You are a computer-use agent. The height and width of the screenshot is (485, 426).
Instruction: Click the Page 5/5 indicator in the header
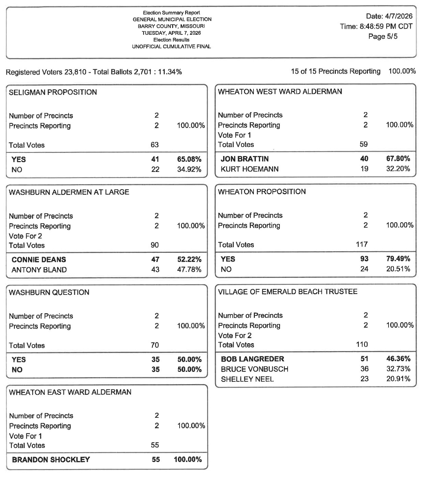click(383, 36)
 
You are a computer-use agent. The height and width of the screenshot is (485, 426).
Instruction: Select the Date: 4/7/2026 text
click(389, 16)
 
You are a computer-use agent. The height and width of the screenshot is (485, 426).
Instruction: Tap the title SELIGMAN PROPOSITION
click(53, 92)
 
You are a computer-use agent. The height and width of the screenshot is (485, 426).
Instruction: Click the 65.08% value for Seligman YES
click(189, 159)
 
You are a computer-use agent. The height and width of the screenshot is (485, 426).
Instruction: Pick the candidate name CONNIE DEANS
click(39, 260)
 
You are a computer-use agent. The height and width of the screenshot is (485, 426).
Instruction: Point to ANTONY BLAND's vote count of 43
click(155, 270)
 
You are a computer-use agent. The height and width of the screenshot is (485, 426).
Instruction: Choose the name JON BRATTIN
click(245, 159)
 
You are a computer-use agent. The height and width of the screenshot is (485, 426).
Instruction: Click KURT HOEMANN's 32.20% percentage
click(398, 169)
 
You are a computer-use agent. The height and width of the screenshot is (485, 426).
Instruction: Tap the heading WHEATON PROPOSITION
click(262, 192)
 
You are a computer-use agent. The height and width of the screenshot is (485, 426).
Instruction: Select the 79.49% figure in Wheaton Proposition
click(398, 259)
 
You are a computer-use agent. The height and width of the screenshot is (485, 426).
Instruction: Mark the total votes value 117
click(362, 244)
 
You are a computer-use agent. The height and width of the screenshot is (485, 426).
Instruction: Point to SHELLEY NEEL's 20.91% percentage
click(398, 379)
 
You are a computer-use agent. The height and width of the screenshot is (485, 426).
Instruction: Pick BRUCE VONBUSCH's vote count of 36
click(364, 369)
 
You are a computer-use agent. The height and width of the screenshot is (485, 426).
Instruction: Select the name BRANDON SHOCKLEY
click(51, 460)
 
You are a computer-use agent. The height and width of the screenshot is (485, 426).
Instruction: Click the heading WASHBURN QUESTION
click(49, 292)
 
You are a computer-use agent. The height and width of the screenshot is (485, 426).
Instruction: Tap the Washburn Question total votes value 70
click(155, 345)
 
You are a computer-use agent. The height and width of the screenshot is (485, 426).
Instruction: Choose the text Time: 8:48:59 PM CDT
click(376, 26)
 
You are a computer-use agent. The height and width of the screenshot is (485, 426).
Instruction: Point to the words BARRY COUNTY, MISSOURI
click(171, 26)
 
